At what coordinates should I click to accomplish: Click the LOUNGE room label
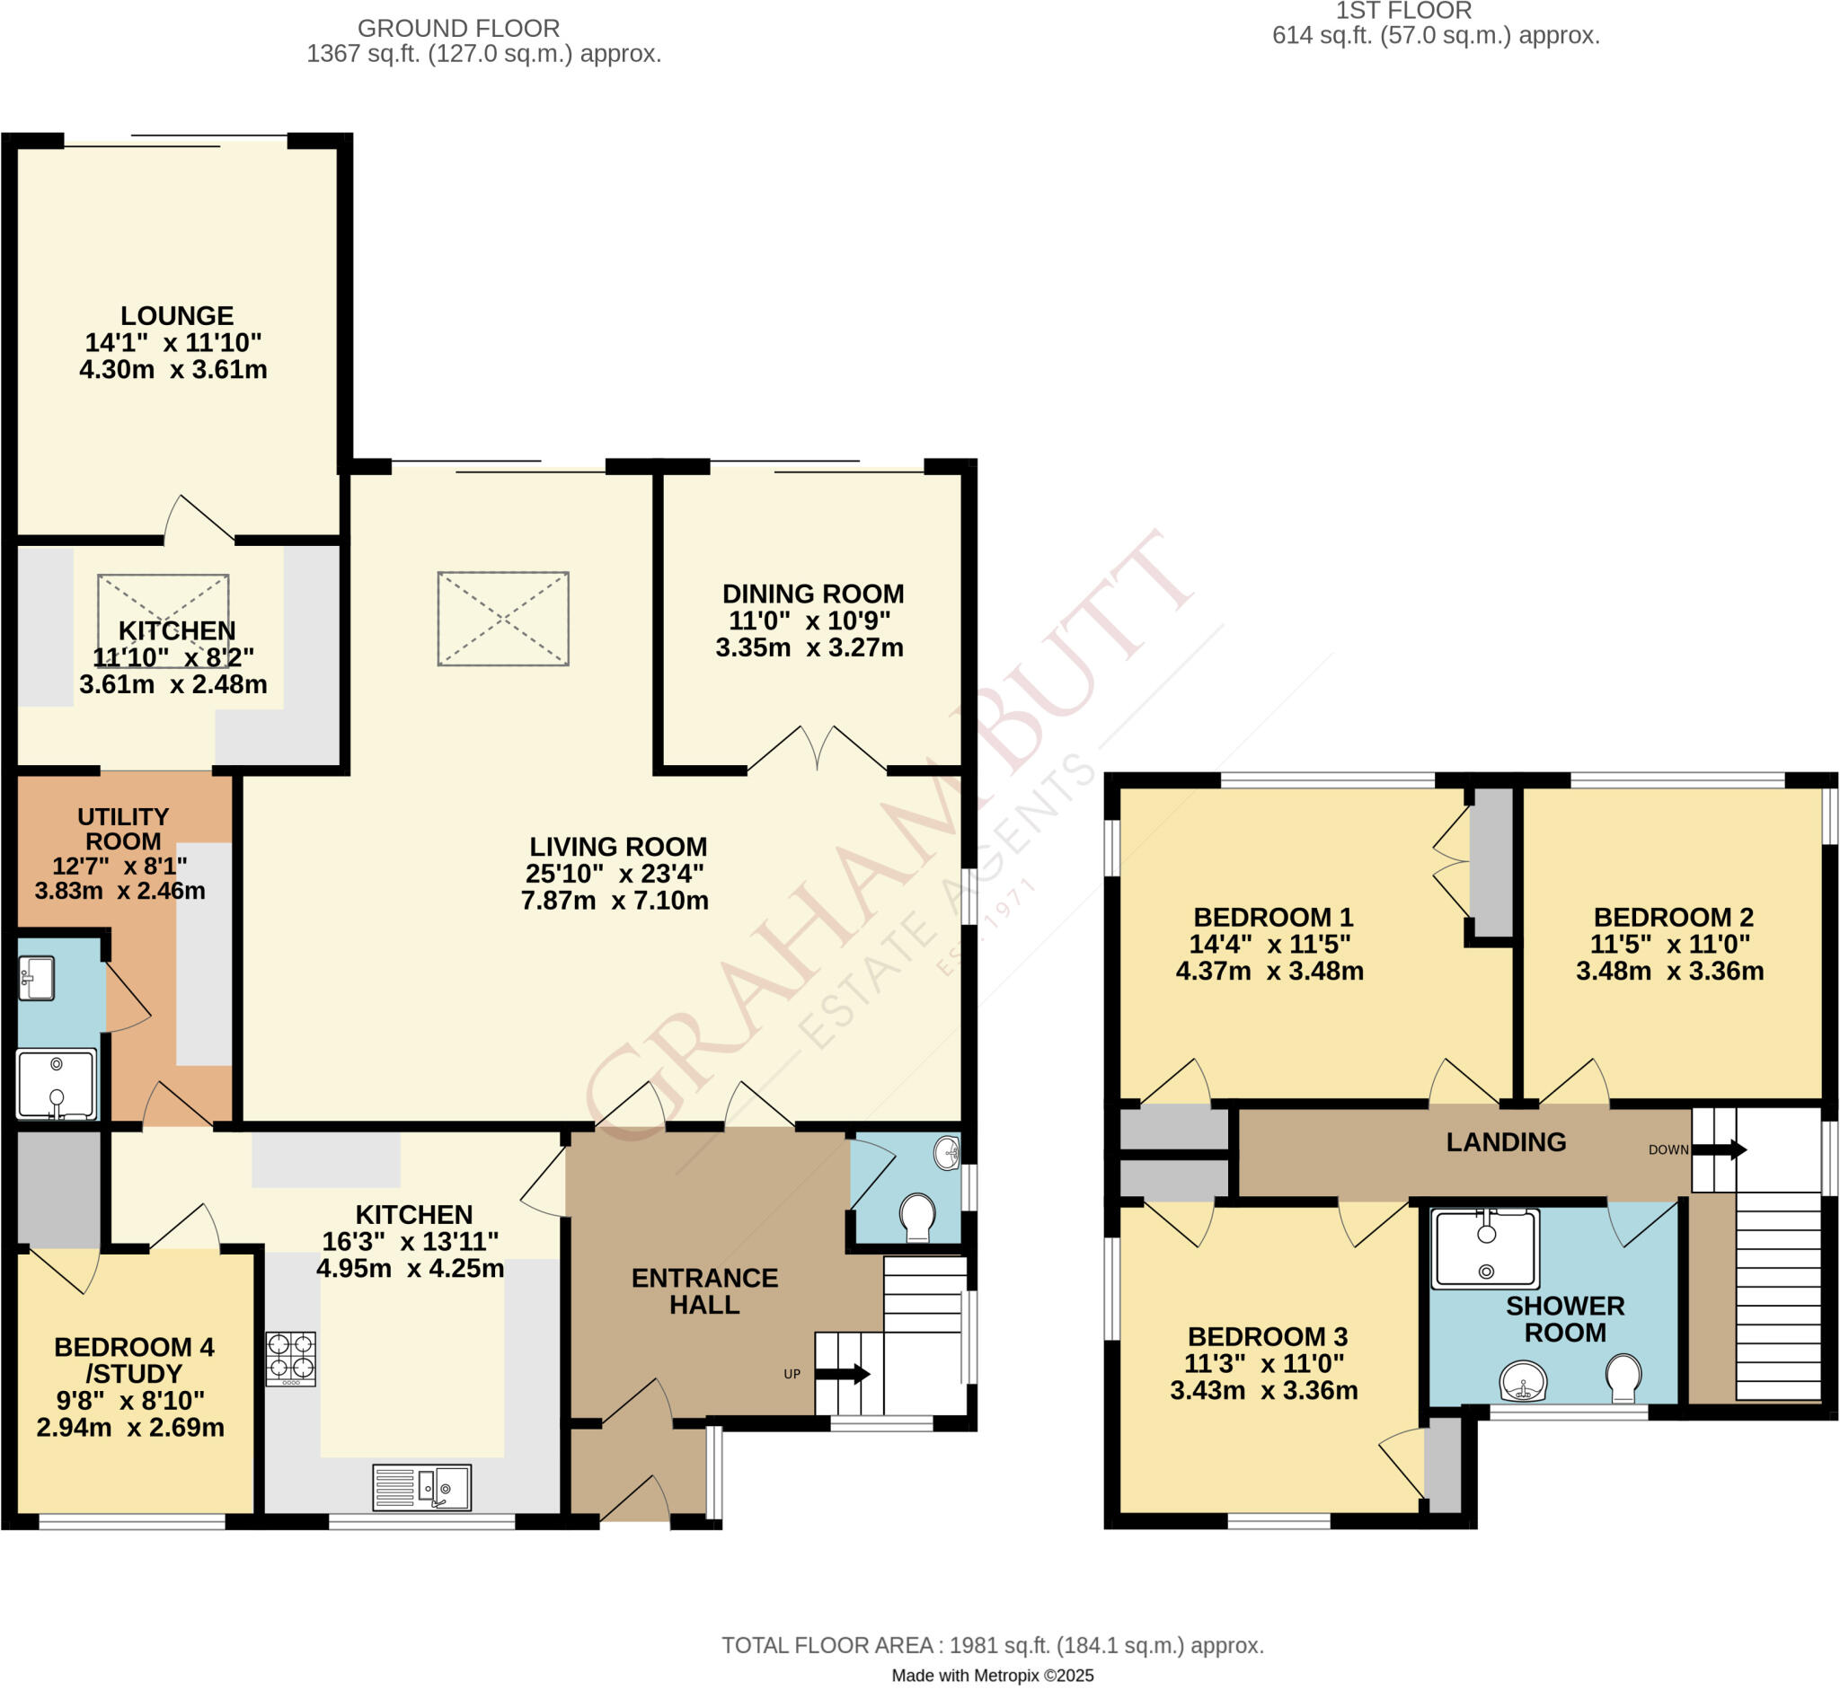177,316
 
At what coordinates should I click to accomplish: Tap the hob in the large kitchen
291,1358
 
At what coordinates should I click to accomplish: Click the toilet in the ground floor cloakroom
916,1217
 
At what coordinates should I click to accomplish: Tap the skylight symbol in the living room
503,619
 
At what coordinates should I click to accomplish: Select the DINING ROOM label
812,594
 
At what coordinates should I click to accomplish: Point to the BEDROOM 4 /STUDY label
134,1360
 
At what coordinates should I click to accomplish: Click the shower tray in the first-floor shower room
1484,1248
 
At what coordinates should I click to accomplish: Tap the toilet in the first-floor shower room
1623,1378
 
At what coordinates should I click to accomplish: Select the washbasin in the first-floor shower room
1524,1381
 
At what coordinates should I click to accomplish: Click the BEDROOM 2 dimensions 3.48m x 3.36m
1669,972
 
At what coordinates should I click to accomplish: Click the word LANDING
1506,1142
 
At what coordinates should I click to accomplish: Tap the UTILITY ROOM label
122,830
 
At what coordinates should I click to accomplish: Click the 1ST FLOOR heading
1403,12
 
